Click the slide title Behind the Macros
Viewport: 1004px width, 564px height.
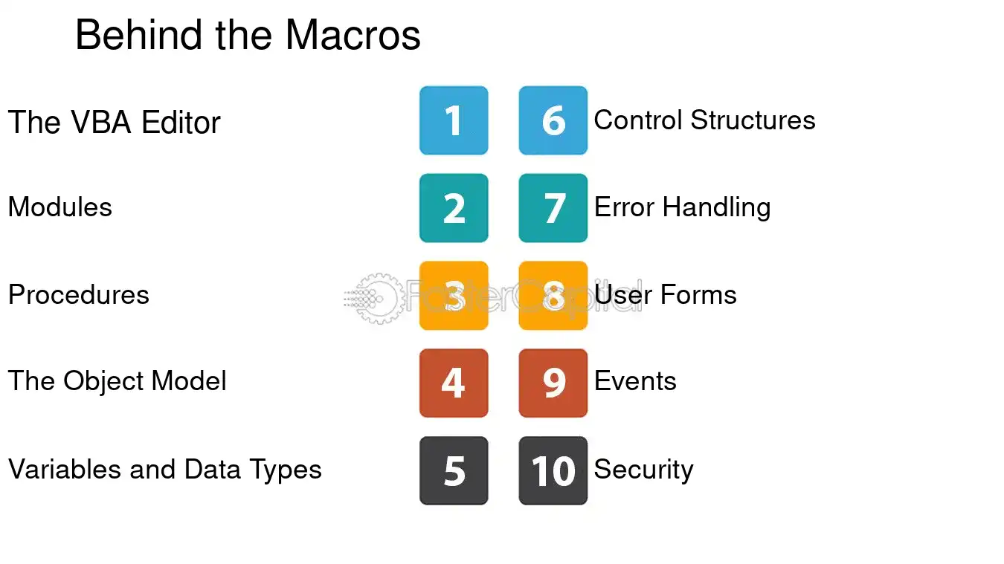click(248, 35)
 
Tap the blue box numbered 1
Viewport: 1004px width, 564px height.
click(454, 120)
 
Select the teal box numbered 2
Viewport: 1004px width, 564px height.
click(454, 208)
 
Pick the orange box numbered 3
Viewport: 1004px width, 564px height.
click(454, 296)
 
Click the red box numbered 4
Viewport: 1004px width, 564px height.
click(454, 383)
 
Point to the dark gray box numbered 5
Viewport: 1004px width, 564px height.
click(454, 470)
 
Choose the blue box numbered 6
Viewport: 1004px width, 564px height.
click(553, 120)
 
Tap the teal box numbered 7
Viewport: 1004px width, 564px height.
click(553, 208)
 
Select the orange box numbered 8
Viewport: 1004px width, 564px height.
click(553, 296)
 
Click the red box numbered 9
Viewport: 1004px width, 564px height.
click(553, 383)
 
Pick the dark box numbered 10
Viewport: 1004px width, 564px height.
click(553, 470)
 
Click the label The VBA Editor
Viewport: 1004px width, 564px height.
click(114, 123)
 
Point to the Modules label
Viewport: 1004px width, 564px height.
click(59, 207)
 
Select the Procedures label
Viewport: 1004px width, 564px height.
click(78, 295)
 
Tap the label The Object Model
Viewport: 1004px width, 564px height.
click(117, 381)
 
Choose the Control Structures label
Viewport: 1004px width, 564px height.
click(704, 120)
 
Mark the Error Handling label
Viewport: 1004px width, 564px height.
click(682, 207)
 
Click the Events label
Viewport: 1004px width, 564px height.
click(635, 381)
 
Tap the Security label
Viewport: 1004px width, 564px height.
click(643, 470)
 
